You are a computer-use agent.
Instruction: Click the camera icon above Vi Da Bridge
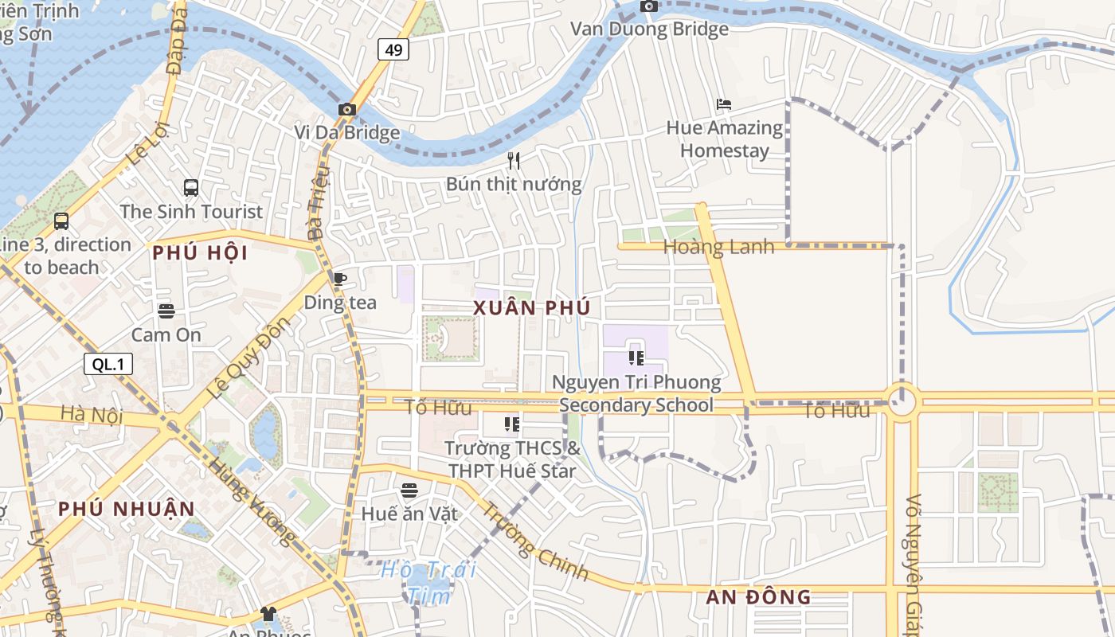tap(346, 109)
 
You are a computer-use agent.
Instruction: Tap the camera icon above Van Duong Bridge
tap(649, 6)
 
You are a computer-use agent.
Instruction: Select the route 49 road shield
tap(393, 50)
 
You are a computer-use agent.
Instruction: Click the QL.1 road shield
tap(108, 365)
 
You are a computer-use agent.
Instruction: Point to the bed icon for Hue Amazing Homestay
tap(723, 104)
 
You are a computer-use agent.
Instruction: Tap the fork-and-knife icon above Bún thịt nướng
tap(514, 161)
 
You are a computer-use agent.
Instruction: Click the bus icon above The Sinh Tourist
tap(191, 188)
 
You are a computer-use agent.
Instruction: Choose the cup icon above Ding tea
tap(340, 279)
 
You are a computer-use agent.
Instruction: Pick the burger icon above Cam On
tap(166, 311)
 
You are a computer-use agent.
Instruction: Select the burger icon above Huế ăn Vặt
tap(409, 490)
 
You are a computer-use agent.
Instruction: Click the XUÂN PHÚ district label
tap(532, 307)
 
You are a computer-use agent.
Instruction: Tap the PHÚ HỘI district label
tap(200, 253)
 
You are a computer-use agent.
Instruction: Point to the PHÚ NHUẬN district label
tap(126, 509)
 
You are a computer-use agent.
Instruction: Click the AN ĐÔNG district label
tap(758, 596)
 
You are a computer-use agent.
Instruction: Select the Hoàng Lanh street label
tap(718, 248)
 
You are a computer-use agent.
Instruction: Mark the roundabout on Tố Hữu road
tap(902, 401)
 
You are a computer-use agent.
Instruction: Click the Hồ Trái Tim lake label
tap(428, 582)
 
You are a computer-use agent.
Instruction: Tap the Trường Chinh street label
tap(535, 541)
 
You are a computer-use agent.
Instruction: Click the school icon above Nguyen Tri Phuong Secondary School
tap(636, 358)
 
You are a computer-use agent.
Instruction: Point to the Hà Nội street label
tap(84, 414)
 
